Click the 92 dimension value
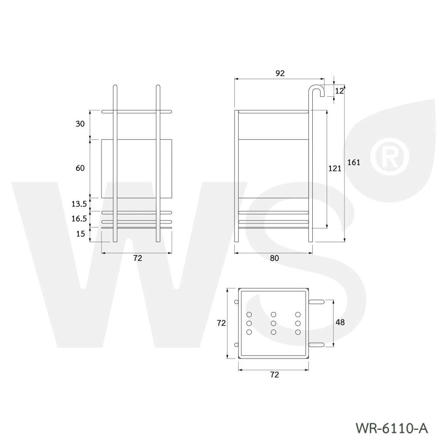280,73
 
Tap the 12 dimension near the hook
340,91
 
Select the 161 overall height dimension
354,162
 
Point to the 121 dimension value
334,169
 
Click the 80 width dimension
274,258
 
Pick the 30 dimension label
80,124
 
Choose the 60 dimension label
80,168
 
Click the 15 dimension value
81,234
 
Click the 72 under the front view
138,258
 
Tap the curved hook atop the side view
317,89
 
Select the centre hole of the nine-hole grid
274,323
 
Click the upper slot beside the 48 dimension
317,301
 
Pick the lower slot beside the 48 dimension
317,345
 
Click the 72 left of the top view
221,323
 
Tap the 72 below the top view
274,374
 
